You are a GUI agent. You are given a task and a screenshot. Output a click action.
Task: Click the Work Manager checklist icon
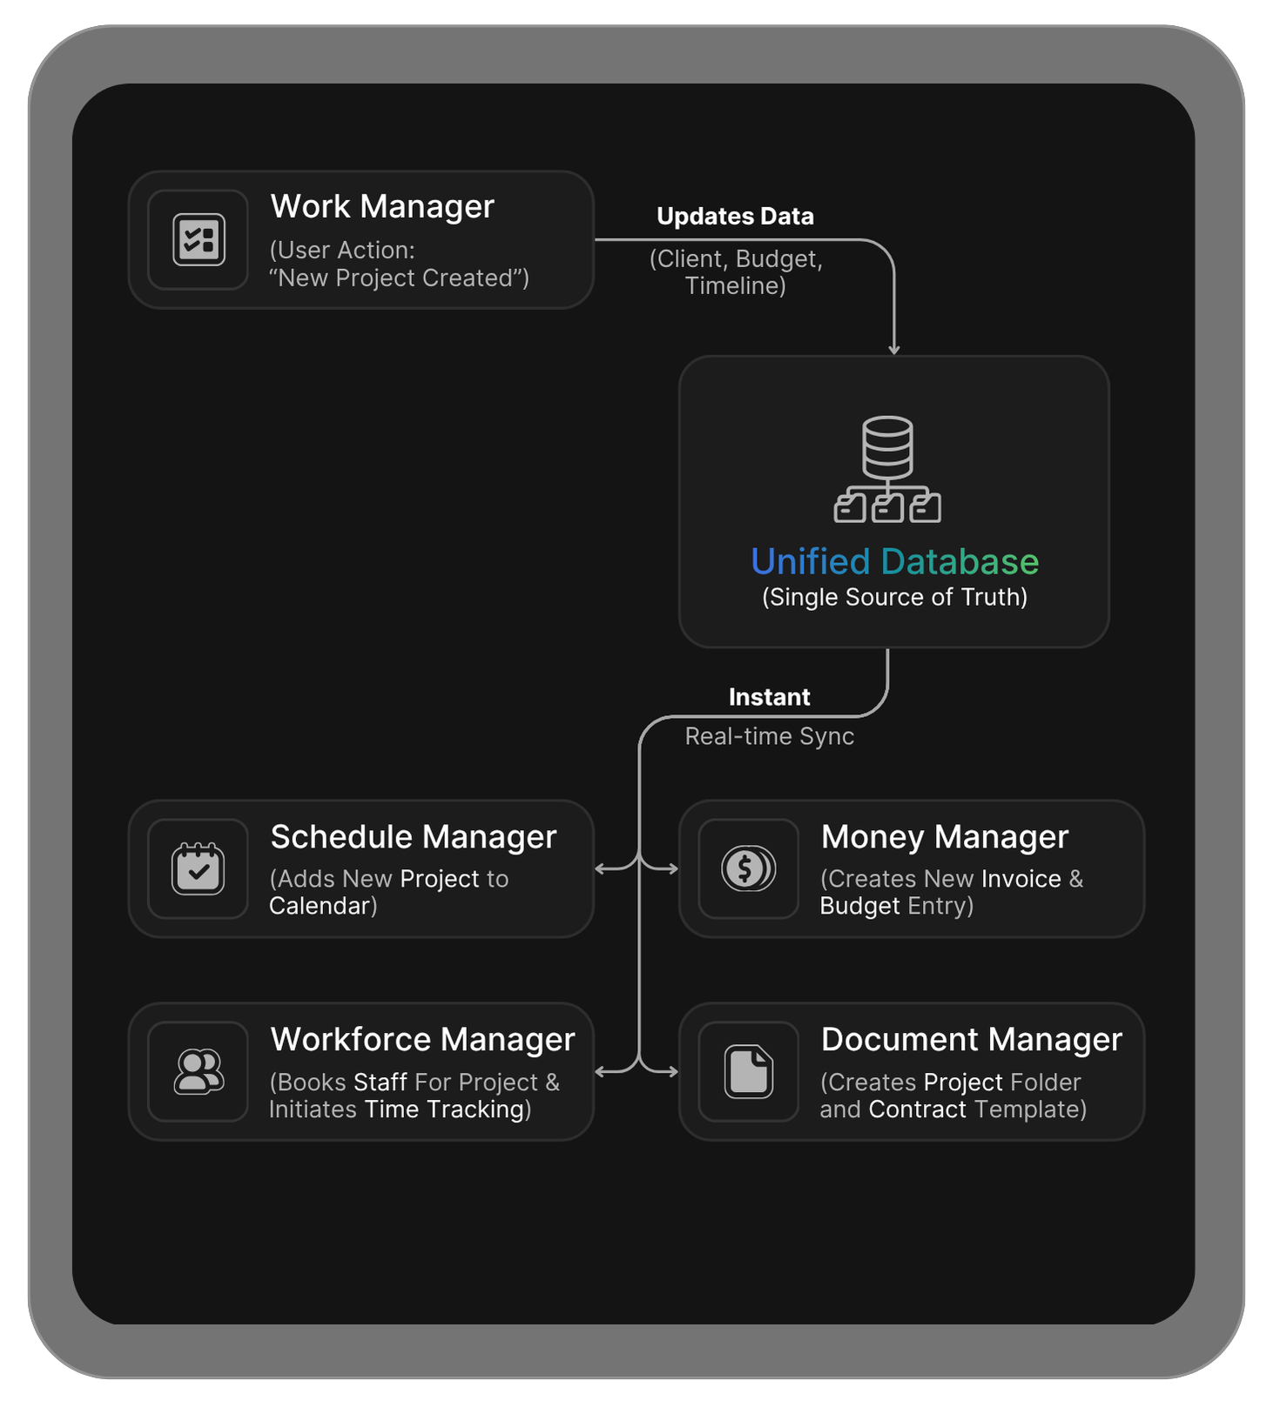point(199,239)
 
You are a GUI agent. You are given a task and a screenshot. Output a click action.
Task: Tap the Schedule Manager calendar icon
point(199,868)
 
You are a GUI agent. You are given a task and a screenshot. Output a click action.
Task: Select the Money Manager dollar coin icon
point(748,868)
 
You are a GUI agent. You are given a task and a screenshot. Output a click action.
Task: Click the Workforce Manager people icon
point(199,1071)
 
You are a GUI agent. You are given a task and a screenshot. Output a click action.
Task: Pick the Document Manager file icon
point(748,1071)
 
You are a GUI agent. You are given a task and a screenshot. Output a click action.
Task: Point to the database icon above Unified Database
point(887,469)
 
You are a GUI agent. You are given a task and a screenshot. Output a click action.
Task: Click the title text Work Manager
point(382,207)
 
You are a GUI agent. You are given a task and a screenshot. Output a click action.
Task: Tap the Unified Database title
point(894,561)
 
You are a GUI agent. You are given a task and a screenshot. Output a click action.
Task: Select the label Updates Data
point(735,217)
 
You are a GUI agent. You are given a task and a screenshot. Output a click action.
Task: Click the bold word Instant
point(769,697)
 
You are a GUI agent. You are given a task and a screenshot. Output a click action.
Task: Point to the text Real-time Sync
point(769,736)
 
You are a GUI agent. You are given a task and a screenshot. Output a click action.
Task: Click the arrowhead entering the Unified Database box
point(894,350)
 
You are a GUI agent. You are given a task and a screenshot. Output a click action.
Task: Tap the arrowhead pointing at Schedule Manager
point(600,868)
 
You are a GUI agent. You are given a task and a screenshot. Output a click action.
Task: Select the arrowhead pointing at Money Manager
point(673,868)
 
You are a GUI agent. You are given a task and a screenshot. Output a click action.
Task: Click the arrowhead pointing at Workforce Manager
point(600,1071)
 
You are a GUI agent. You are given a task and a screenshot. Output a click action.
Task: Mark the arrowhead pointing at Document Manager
point(673,1071)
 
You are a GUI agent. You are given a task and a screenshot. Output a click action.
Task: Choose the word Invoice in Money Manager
point(1020,879)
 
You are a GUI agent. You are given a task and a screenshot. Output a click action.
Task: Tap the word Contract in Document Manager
point(917,1109)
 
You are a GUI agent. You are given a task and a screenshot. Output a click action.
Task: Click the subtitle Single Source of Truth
point(894,598)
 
